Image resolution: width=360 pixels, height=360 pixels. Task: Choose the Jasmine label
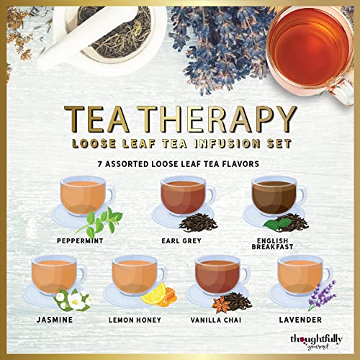click(49, 318)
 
